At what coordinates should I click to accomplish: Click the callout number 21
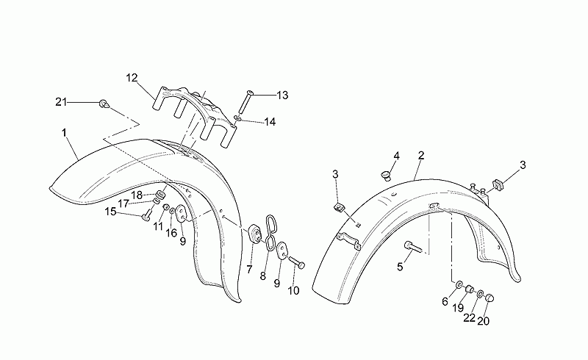point(61,101)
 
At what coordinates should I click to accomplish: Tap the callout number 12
point(132,78)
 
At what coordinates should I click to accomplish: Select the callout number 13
point(282,96)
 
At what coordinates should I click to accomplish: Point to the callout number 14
point(270,122)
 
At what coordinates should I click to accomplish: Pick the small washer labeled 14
point(238,119)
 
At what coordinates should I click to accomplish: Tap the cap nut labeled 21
point(104,104)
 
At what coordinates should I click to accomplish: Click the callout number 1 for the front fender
point(64,133)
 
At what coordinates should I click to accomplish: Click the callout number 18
point(137,195)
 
